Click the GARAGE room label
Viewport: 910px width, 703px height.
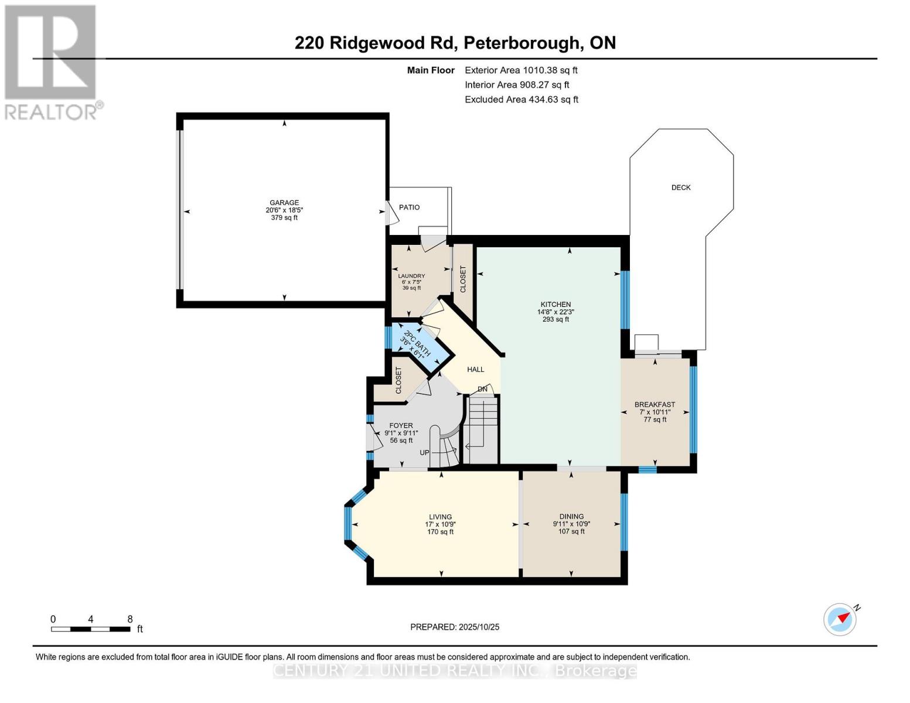pos(284,203)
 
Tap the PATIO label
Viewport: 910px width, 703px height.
pos(409,207)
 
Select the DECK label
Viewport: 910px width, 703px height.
pos(680,187)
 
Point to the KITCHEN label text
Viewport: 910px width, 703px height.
pos(555,305)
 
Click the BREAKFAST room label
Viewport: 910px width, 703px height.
pos(655,405)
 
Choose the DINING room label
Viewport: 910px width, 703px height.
pos(571,517)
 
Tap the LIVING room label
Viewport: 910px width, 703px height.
pos(440,517)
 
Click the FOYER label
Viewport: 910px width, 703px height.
pos(401,426)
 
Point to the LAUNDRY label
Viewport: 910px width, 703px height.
pos(411,276)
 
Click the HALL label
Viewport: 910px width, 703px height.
pos(475,370)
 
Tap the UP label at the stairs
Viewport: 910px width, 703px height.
pos(424,453)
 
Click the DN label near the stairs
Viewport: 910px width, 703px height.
pos(482,389)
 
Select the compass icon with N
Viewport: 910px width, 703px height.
pos(840,619)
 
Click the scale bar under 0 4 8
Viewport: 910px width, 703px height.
pos(91,629)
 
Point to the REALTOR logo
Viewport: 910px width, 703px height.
pos(52,62)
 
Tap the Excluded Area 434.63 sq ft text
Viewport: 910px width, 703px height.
pos(522,100)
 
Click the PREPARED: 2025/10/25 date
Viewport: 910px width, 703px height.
pos(455,627)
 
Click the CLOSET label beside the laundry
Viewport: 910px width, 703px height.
pos(463,279)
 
